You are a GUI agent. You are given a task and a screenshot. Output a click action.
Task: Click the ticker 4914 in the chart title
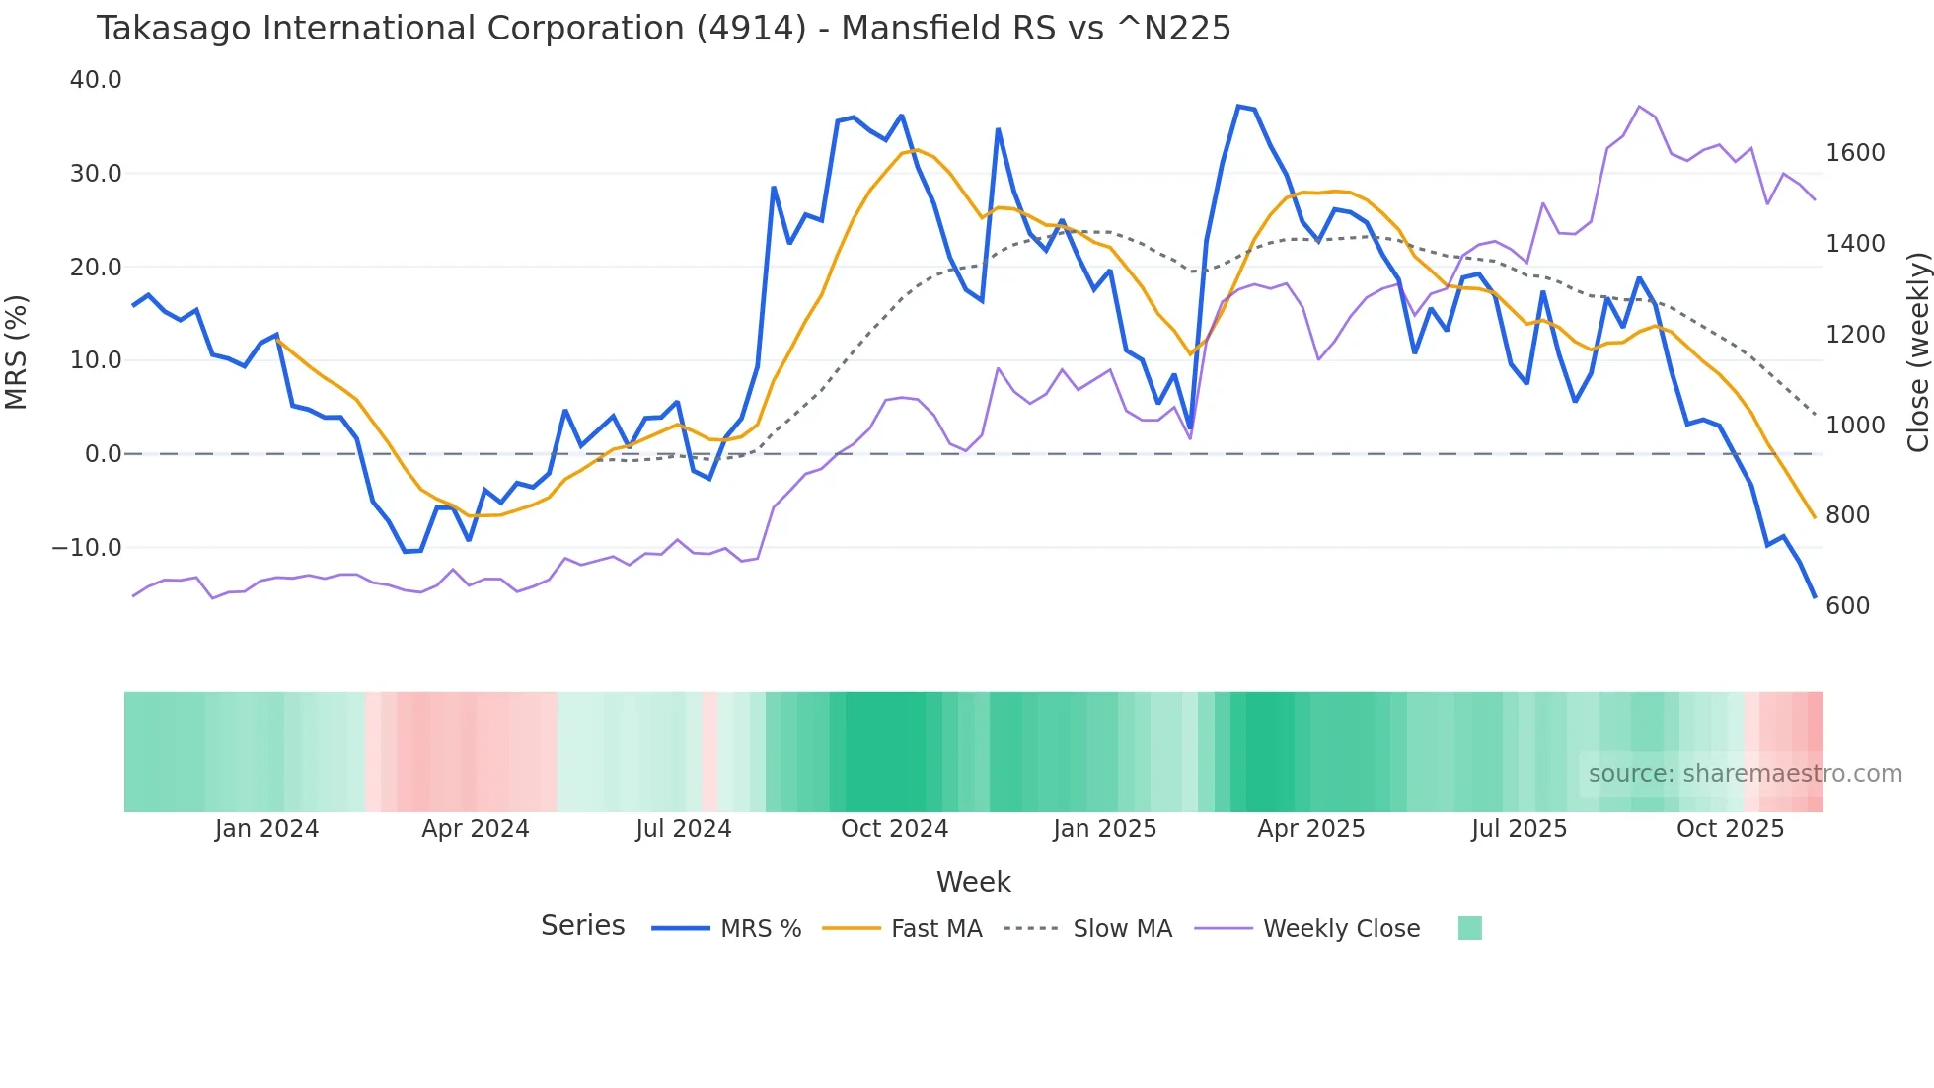[x=751, y=29]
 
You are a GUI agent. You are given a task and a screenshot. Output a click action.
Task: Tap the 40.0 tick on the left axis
[x=96, y=80]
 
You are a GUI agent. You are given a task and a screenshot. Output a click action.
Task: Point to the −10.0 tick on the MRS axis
[x=87, y=548]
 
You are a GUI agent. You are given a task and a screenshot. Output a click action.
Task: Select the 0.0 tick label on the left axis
[x=103, y=454]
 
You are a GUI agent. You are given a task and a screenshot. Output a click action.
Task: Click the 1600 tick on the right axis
[x=1855, y=153]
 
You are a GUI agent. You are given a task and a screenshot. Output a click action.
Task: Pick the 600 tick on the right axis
[x=1847, y=606]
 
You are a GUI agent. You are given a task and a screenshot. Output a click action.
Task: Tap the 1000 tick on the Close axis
[x=1855, y=426]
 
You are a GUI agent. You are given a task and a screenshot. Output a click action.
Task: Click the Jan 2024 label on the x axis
[x=266, y=829]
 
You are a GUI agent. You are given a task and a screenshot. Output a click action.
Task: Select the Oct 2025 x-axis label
[x=1730, y=829]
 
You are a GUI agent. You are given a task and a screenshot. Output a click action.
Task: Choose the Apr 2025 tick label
[x=1310, y=829]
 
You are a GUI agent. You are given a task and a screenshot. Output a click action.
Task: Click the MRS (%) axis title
[x=17, y=352]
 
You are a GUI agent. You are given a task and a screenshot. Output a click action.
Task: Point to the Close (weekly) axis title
[x=1917, y=352]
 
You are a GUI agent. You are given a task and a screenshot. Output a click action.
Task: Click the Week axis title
[x=973, y=882]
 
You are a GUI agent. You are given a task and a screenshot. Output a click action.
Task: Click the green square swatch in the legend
[x=1469, y=928]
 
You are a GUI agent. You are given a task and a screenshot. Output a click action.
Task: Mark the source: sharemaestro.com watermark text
[x=1745, y=774]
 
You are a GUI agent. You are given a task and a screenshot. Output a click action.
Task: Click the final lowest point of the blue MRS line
[x=1814, y=596]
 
